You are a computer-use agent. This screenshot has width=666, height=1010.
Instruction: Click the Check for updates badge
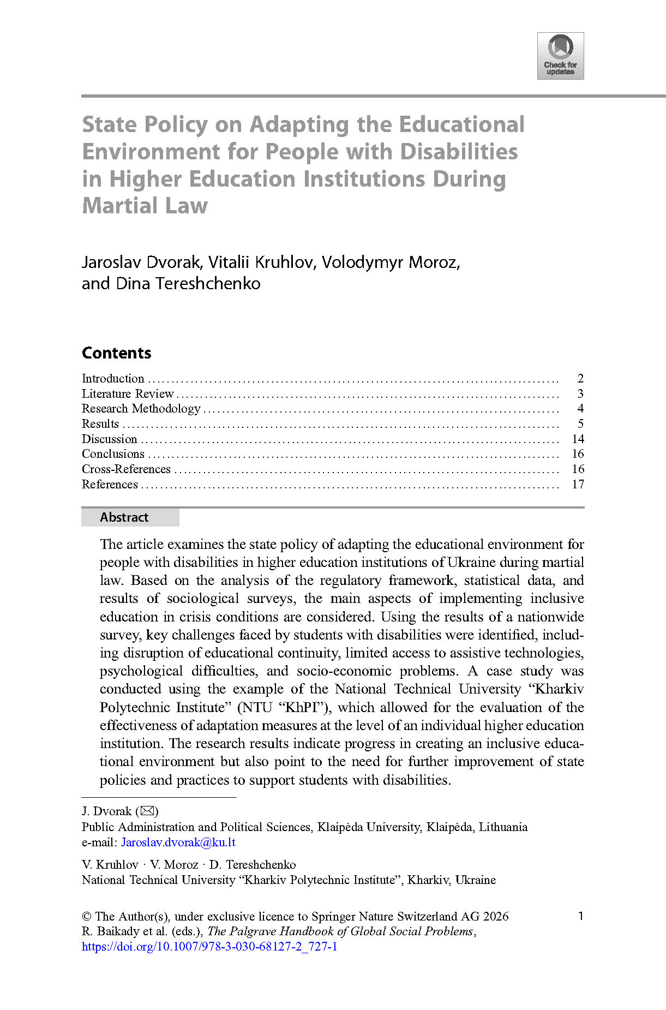coord(560,56)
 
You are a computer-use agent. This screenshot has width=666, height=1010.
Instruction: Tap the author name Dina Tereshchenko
coord(188,284)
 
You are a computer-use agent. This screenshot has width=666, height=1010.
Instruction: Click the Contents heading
coord(116,353)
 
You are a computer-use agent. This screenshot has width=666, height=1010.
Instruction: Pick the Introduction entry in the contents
coord(113,378)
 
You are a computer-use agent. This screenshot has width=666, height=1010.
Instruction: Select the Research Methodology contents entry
coord(141,408)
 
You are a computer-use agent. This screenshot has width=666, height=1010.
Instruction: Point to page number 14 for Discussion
coord(578,439)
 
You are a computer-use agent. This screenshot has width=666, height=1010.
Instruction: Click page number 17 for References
coord(578,484)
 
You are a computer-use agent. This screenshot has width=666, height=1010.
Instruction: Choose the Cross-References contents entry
coord(126,469)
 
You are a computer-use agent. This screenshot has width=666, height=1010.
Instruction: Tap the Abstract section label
coord(124,517)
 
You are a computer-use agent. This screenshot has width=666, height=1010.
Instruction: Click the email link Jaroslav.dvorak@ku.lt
coord(178,842)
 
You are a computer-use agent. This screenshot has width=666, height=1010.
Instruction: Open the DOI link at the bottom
coord(209,946)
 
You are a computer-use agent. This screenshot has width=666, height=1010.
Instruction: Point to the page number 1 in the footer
coord(580,916)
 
